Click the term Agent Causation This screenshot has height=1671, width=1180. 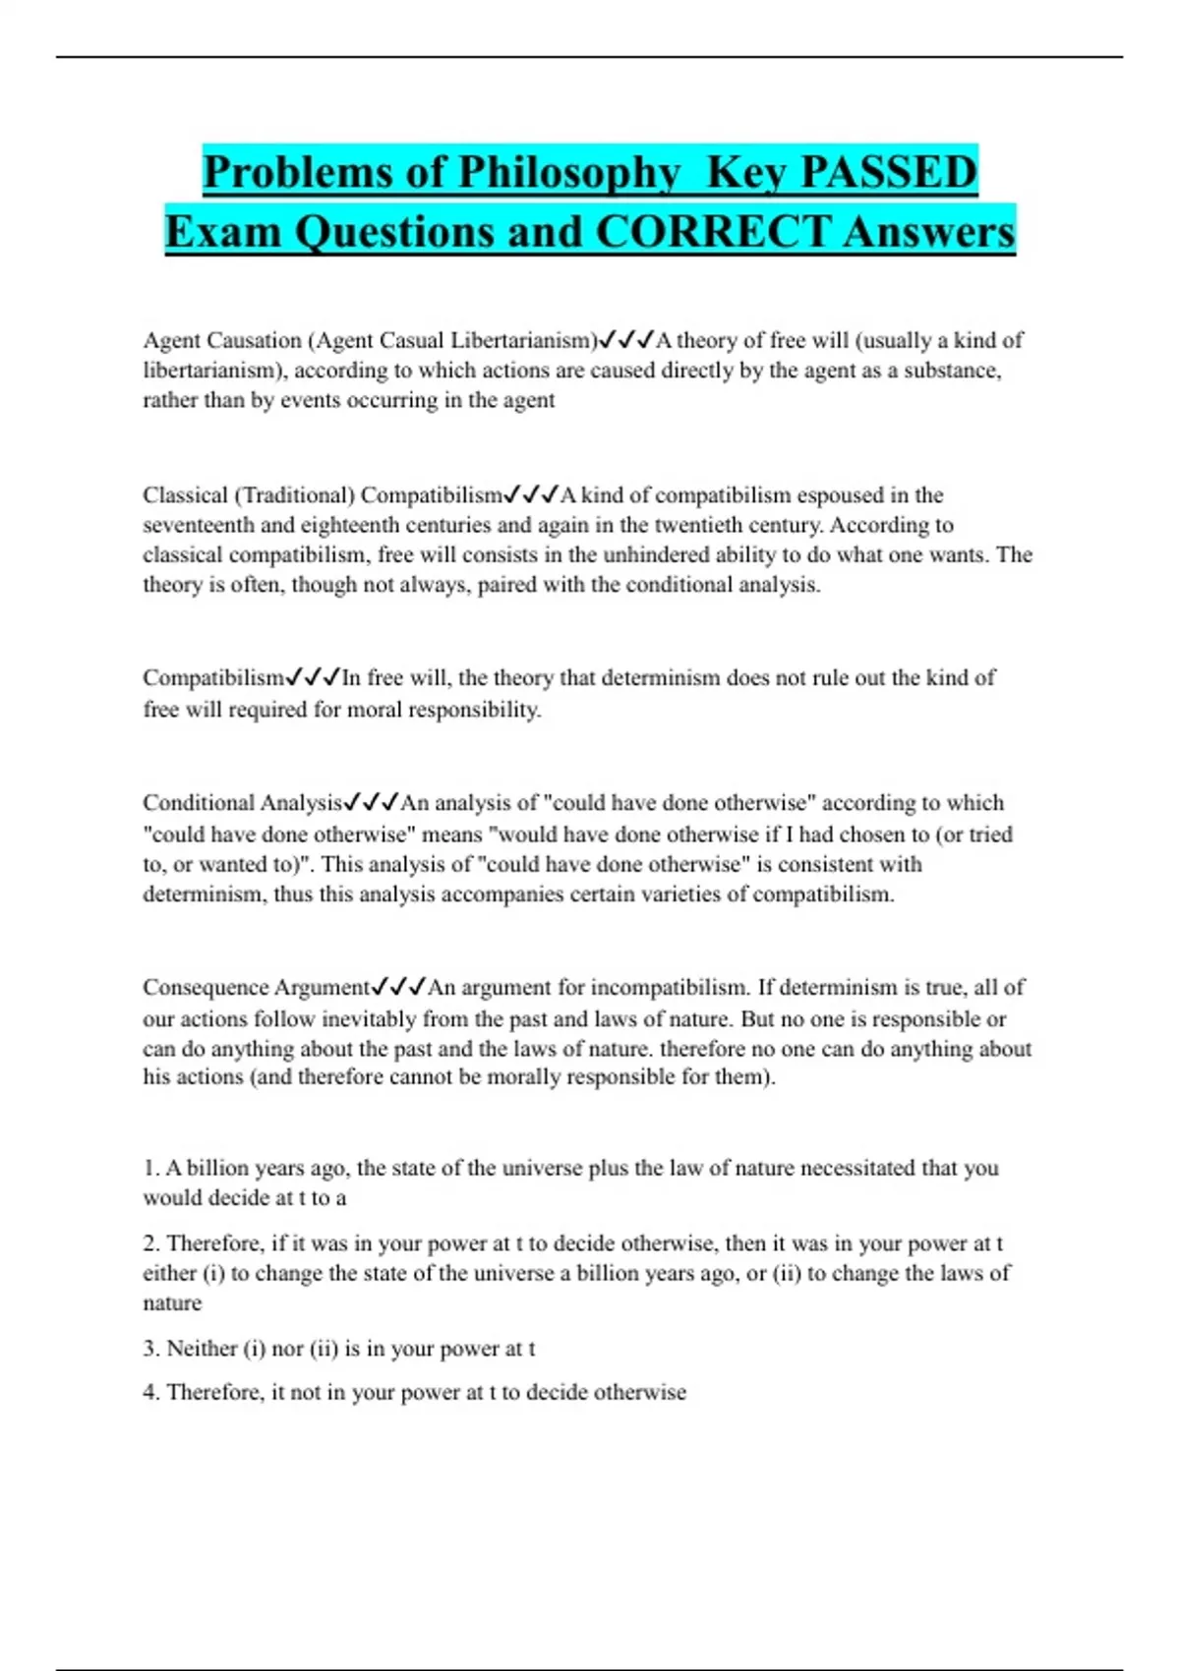[222, 340]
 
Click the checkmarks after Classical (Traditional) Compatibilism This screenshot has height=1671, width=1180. [531, 494]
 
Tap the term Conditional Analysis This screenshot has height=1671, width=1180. [242, 803]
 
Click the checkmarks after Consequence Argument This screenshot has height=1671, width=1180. [398, 987]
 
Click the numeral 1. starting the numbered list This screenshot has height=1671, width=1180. [151, 1168]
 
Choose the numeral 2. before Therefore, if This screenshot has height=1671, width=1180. [151, 1243]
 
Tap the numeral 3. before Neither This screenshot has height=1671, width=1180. [151, 1349]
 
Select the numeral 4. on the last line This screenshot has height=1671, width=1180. [151, 1392]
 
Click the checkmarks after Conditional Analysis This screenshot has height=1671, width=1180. [372, 803]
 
